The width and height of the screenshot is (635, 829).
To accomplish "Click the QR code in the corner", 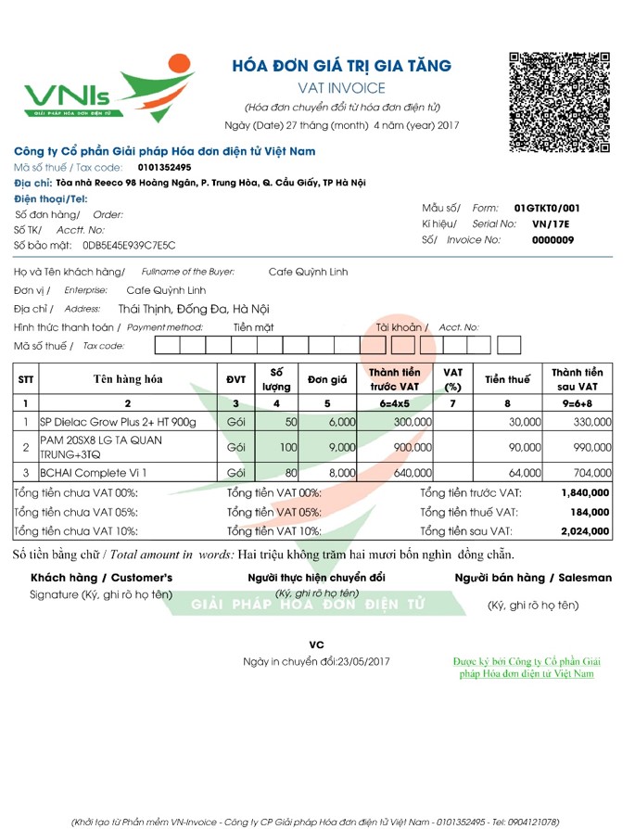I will (560, 102).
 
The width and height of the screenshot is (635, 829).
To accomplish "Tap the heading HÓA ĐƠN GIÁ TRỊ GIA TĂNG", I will (342, 66).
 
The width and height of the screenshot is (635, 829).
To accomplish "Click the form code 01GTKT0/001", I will (547, 208).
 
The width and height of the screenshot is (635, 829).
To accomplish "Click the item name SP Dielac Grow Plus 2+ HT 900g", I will (119, 422).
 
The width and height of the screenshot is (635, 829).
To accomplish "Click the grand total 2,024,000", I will (585, 532).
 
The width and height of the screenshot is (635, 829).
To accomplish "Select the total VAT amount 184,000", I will (591, 513).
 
